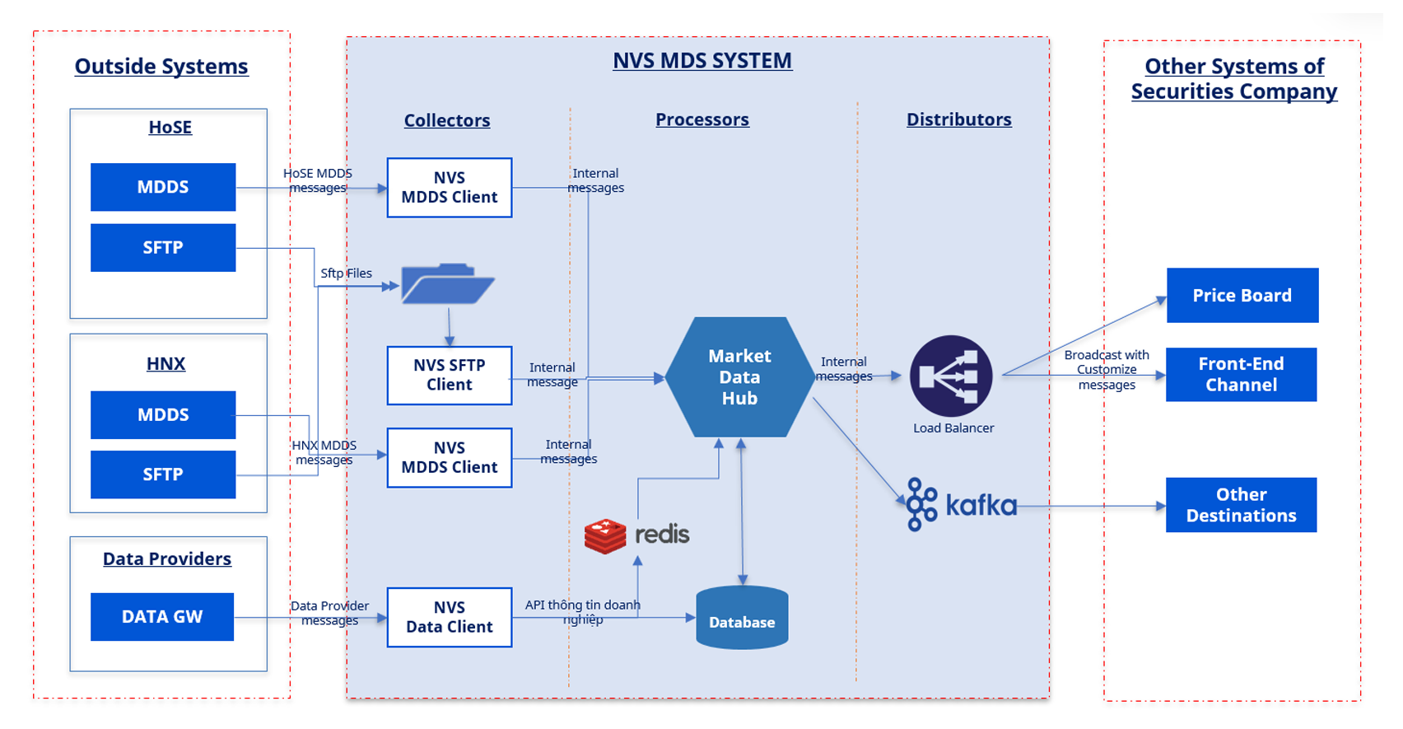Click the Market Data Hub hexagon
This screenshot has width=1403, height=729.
(739, 377)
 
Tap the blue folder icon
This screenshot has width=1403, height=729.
(447, 284)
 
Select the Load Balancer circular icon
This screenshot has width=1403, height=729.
(951, 376)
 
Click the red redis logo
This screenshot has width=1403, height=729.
(605, 535)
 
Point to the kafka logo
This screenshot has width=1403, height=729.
(962, 504)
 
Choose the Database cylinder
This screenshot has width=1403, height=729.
(742, 618)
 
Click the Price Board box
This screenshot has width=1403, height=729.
(1242, 295)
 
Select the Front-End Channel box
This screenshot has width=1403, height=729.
(1241, 375)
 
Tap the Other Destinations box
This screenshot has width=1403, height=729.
(1241, 505)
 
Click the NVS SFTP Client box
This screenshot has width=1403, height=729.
(450, 376)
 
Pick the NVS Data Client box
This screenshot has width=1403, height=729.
(450, 617)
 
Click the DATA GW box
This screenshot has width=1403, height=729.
(162, 617)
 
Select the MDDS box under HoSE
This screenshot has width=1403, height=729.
(163, 187)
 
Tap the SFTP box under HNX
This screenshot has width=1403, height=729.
(163, 474)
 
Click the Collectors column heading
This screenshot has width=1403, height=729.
(447, 120)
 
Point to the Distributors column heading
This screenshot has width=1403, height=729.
(958, 119)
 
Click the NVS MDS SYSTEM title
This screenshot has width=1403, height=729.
(702, 61)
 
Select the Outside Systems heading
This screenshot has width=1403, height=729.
(161, 66)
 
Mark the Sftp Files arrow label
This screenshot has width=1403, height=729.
(346, 273)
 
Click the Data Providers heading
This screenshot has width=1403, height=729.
(167, 558)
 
